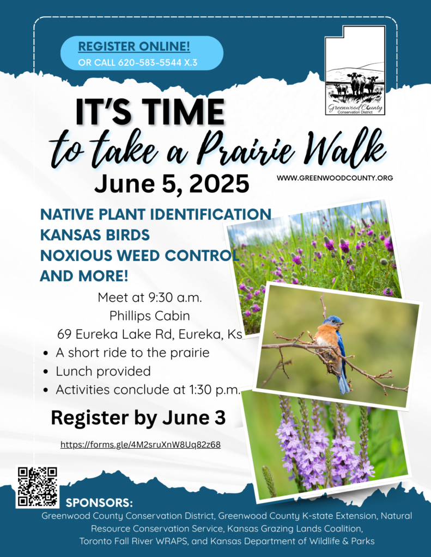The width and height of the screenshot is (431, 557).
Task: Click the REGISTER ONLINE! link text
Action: (134, 47)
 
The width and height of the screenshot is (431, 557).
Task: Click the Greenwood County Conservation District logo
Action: (355, 70)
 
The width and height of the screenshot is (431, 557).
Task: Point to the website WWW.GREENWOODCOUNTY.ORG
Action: (335, 178)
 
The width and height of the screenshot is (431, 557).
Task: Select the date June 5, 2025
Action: (172, 184)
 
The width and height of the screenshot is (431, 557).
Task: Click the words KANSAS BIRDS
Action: (95, 235)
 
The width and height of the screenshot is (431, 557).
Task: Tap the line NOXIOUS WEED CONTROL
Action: (139, 256)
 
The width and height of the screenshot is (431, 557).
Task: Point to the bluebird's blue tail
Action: (343, 382)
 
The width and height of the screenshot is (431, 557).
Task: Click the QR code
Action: (38, 487)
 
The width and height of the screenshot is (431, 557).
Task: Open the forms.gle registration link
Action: (141, 444)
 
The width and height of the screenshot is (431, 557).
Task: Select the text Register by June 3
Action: (138, 417)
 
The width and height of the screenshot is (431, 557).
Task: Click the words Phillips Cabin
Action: (149, 316)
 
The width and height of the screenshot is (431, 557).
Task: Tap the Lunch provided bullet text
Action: (103, 371)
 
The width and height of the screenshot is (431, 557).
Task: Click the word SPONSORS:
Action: (99, 503)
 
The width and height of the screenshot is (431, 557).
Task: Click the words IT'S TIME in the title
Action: (150, 112)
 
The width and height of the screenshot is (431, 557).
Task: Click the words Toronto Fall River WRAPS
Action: (135, 541)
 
